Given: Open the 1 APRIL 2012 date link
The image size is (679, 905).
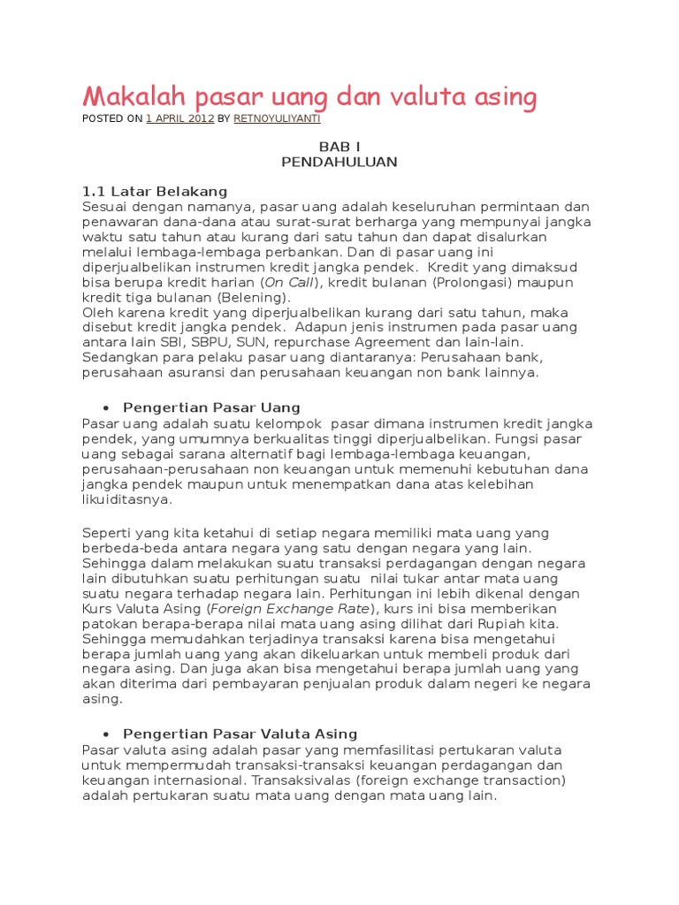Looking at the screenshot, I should click(179, 118).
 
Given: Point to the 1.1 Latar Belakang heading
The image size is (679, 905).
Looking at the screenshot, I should click(155, 191).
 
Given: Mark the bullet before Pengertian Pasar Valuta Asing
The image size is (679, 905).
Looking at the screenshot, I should click(106, 734).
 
